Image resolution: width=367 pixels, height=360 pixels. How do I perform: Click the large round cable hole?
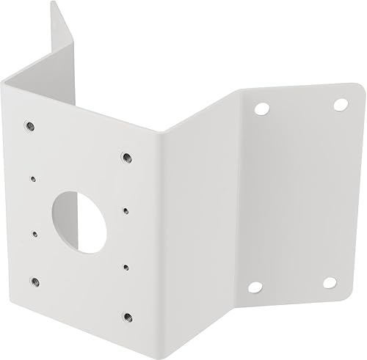(79, 222)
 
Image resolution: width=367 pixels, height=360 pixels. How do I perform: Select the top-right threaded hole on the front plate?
(126, 156)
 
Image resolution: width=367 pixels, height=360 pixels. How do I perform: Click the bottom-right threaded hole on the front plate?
(127, 317)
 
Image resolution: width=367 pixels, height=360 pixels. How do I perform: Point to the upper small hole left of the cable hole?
(32, 177)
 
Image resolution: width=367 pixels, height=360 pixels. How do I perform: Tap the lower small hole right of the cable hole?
(126, 266)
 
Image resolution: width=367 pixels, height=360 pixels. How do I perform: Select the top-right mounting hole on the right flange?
(341, 105)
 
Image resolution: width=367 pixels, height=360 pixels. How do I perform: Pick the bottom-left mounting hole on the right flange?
(255, 287)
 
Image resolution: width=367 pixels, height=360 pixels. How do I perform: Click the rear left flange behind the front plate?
(66, 59)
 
